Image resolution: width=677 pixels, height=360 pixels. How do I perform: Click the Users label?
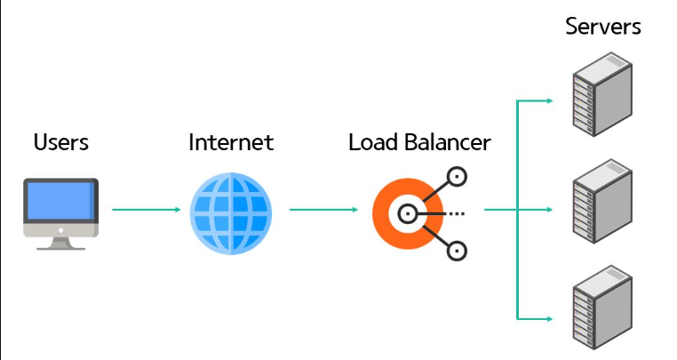pos(61,142)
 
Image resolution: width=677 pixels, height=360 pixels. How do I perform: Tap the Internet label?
pos(231,142)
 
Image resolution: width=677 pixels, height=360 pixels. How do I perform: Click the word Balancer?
pos(450,142)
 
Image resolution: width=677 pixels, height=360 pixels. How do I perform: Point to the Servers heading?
pos(603,26)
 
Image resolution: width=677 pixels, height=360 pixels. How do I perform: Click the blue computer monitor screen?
pos(60,200)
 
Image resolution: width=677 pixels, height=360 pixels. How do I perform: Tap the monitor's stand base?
pos(60,244)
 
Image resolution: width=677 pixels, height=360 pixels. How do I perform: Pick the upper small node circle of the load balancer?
pos(457,177)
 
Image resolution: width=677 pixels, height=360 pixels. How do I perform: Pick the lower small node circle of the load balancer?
pos(457,250)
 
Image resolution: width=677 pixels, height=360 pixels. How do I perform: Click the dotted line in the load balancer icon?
pos(457,213)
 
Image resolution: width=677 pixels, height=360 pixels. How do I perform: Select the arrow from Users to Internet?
pos(146,211)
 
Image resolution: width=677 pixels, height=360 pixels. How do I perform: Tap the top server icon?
pos(602,93)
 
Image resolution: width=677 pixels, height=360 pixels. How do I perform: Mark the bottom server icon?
pos(602,308)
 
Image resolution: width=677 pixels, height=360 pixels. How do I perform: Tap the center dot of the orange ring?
pos(407,213)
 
